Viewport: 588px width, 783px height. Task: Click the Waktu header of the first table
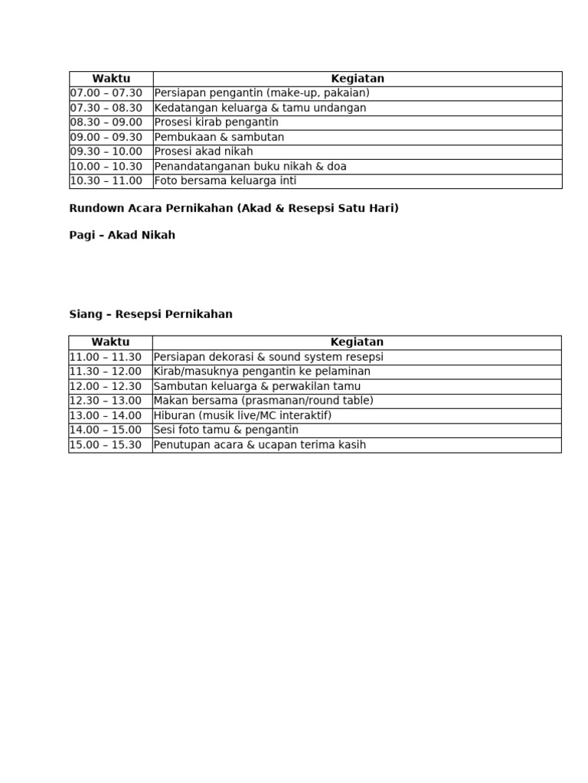pos(111,79)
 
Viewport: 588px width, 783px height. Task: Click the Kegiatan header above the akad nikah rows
pos(358,79)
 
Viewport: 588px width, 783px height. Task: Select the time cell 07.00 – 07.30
pos(106,93)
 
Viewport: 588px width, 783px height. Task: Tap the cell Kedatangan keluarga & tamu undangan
pos(260,108)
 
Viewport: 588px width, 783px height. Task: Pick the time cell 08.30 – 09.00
pos(106,122)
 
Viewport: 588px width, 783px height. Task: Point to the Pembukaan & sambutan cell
pos(219,137)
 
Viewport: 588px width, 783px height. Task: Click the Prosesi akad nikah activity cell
pos(204,151)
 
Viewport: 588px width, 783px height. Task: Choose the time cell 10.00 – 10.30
pos(106,166)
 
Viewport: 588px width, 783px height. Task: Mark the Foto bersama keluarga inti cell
pos(225,181)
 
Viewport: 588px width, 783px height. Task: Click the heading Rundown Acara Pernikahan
pos(234,209)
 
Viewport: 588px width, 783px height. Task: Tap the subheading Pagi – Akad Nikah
pos(122,236)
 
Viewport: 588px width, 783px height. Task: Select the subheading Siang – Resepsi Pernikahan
pos(151,314)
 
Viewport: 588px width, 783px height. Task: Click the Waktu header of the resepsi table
pos(110,343)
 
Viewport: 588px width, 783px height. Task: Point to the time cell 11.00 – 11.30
pos(106,357)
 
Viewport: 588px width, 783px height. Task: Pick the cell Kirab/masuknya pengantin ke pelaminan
pos(262,372)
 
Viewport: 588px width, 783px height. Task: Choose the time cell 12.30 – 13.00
pos(106,401)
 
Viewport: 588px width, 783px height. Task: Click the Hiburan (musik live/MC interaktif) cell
pos(243,415)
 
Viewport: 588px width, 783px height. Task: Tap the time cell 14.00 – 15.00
pos(106,430)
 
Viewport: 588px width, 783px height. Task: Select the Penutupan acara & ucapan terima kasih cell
pos(260,445)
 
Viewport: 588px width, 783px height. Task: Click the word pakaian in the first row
pos(345,93)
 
